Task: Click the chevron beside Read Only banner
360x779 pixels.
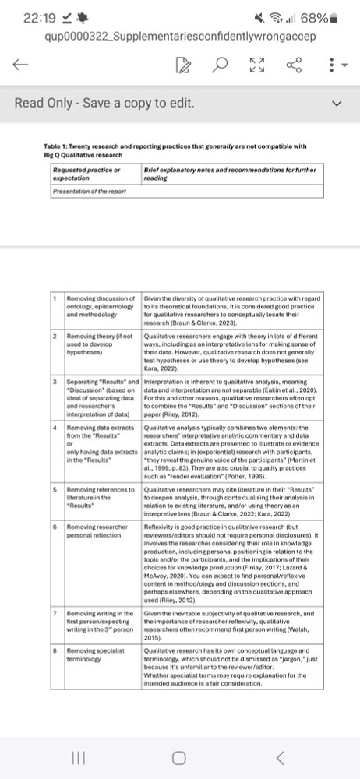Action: pyautogui.click(x=337, y=103)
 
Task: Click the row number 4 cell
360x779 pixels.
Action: pyautogui.click(x=54, y=428)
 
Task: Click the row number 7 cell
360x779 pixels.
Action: pyautogui.click(x=54, y=614)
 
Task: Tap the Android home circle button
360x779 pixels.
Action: pyautogui.click(x=179, y=757)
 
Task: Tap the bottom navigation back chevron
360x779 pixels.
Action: pyautogui.click(x=281, y=757)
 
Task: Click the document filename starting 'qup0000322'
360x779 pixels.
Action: pyautogui.click(x=170, y=36)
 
